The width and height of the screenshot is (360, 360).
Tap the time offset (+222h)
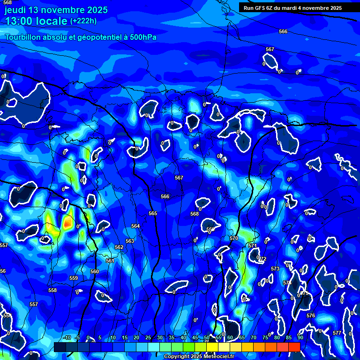tap(83, 21)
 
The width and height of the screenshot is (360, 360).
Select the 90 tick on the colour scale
tap(300, 337)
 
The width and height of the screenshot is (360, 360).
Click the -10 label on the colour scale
tap(67, 337)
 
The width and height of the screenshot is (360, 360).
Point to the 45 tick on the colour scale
tap(195, 337)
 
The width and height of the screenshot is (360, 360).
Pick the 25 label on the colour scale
tap(148, 337)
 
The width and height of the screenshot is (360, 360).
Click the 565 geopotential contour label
tap(153, 213)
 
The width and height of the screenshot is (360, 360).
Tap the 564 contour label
tap(135, 226)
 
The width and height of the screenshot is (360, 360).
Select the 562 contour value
tap(119, 247)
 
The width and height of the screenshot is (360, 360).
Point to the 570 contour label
tap(234, 238)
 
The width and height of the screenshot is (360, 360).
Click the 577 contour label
tap(337, 333)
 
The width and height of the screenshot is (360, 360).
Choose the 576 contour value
tap(311, 316)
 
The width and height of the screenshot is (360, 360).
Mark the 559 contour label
tap(74, 278)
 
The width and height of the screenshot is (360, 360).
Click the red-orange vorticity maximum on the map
tap(68, 223)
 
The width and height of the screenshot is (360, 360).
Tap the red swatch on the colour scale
tap(294, 347)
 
